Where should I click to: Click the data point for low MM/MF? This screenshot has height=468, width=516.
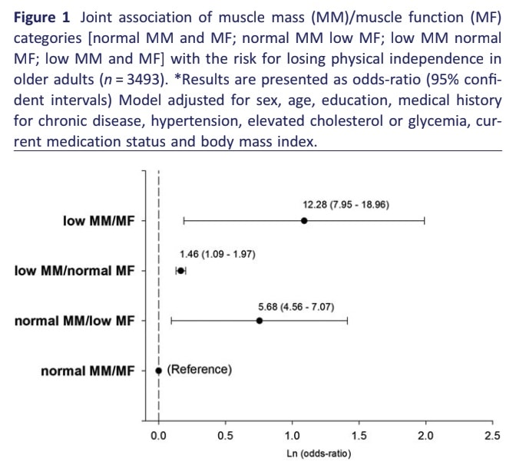point(304,221)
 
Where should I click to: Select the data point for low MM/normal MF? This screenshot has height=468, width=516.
point(181,270)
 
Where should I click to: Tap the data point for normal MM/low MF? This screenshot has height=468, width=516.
point(260,321)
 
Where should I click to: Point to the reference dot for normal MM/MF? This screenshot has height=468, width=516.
point(159,370)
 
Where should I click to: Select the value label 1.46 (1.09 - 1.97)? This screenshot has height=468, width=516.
point(217,254)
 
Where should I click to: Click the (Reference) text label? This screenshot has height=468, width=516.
point(199,369)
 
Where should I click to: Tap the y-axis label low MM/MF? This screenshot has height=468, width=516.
point(98,221)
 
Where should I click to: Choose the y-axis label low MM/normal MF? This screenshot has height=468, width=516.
point(74,270)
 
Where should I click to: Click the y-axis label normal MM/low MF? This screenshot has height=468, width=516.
point(74,321)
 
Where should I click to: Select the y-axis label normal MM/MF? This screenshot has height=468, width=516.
point(87,371)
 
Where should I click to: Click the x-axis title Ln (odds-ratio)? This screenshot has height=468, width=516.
point(325,453)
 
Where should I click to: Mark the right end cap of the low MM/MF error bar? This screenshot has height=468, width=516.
point(425,221)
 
